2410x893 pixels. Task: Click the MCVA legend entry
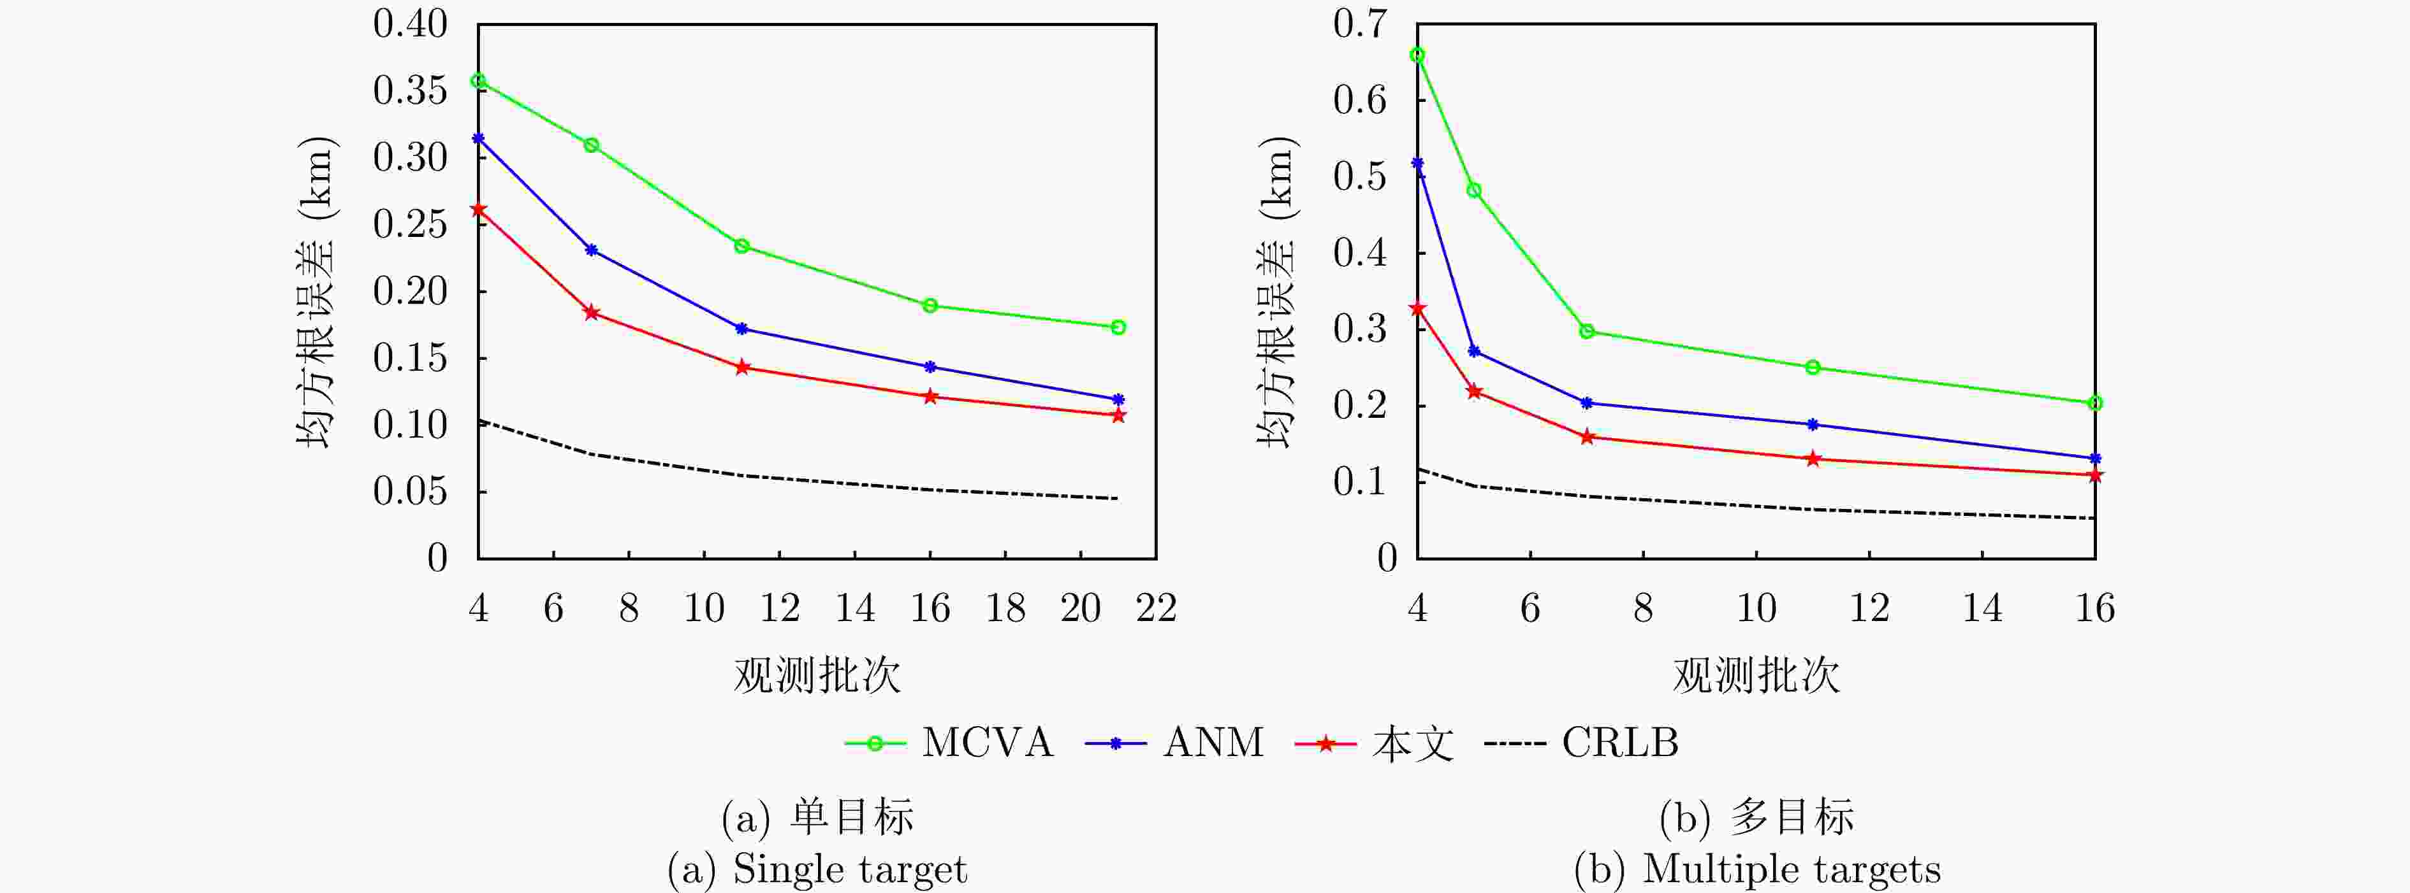pos(949,743)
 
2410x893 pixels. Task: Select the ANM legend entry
pos(1174,743)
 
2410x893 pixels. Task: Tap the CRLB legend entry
pos(1582,743)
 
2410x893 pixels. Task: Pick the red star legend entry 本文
pos(1375,743)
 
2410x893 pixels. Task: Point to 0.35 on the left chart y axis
pos(410,90)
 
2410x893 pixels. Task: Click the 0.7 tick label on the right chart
pos(1359,24)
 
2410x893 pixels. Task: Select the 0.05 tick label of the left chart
pos(410,492)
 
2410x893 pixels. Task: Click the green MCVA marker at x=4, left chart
pos(478,82)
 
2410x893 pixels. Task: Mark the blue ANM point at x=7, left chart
pos(591,250)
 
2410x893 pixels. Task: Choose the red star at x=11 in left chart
pos(742,368)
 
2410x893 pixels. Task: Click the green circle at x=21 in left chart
pos(1118,327)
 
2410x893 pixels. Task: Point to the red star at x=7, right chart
pos(1587,437)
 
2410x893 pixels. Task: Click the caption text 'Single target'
pos(849,869)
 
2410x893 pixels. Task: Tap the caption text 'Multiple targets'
pos(1791,869)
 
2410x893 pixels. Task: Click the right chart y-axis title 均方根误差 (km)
pos(1277,292)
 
